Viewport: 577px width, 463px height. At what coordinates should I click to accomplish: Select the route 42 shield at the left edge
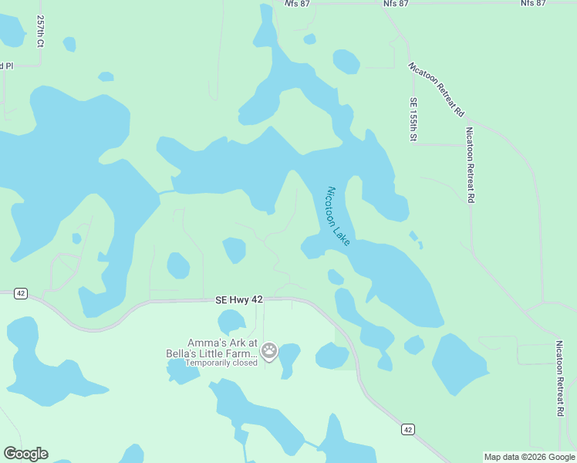click(21, 293)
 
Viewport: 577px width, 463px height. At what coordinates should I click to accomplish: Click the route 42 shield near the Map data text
click(407, 428)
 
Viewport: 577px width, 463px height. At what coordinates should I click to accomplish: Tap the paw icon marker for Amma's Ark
click(269, 352)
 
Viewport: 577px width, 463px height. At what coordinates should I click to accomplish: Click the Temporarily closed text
click(220, 363)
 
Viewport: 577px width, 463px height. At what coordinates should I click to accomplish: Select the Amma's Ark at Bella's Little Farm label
click(220, 348)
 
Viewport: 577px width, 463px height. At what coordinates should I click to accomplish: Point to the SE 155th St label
click(413, 119)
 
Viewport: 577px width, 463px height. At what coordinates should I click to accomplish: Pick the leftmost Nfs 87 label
click(297, 4)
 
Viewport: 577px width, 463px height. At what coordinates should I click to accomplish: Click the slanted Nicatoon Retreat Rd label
click(437, 89)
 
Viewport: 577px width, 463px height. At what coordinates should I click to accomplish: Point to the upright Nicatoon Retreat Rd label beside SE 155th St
click(470, 165)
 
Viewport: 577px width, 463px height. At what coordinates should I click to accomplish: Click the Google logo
click(25, 454)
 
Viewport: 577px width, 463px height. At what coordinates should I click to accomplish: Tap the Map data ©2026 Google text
click(529, 457)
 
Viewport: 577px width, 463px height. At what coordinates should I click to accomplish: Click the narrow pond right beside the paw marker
click(288, 360)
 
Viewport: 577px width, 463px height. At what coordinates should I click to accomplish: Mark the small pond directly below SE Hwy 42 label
click(231, 322)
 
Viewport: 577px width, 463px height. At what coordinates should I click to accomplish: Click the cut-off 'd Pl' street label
click(7, 66)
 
